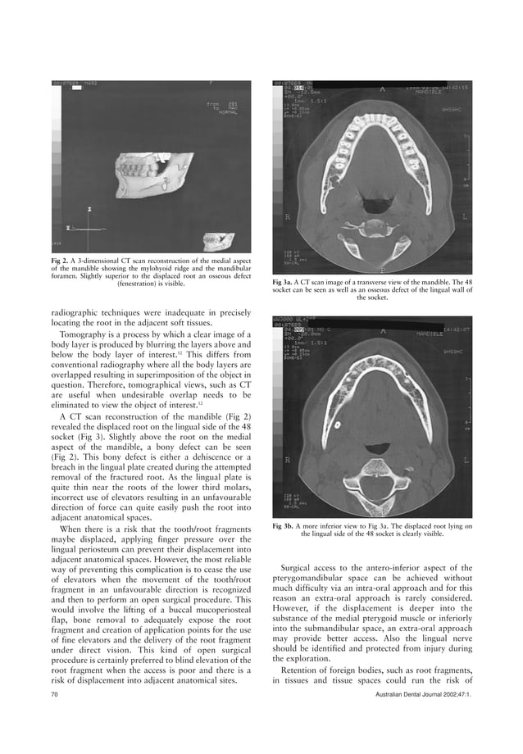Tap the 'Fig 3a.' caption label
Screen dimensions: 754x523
(285, 281)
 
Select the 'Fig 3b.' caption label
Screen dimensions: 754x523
(285, 525)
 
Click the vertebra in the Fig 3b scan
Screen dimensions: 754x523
(376, 471)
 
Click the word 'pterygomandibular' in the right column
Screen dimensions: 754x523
(310, 578)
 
